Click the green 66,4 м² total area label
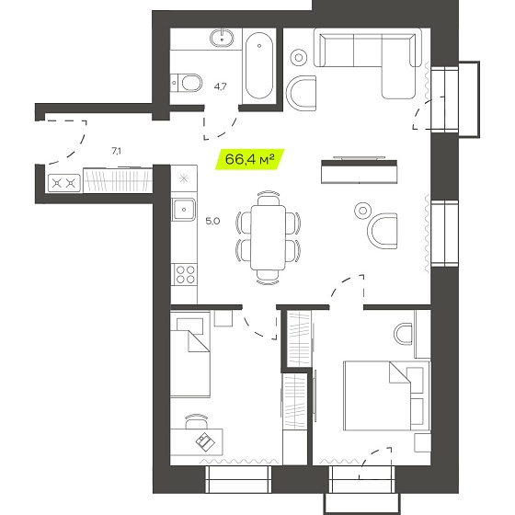[249, 159]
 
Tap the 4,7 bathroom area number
[220, 86]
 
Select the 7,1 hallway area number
[116, 151]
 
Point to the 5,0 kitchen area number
[212, 221]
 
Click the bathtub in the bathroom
[259, 65]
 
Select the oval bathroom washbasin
[222, 38]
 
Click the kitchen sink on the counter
[183, 210]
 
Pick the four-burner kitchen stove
[185, 275]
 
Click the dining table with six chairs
[268, 237]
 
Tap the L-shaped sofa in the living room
[367, 63]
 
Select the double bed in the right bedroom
[386, 395]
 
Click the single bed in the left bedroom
[190, 355]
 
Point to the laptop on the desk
[205, 441]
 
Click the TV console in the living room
[359, 171]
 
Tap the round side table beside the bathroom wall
[299, 57]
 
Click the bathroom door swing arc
[221, 125]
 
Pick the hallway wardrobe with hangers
[118, 180]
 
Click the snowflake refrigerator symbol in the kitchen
[184, 178]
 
